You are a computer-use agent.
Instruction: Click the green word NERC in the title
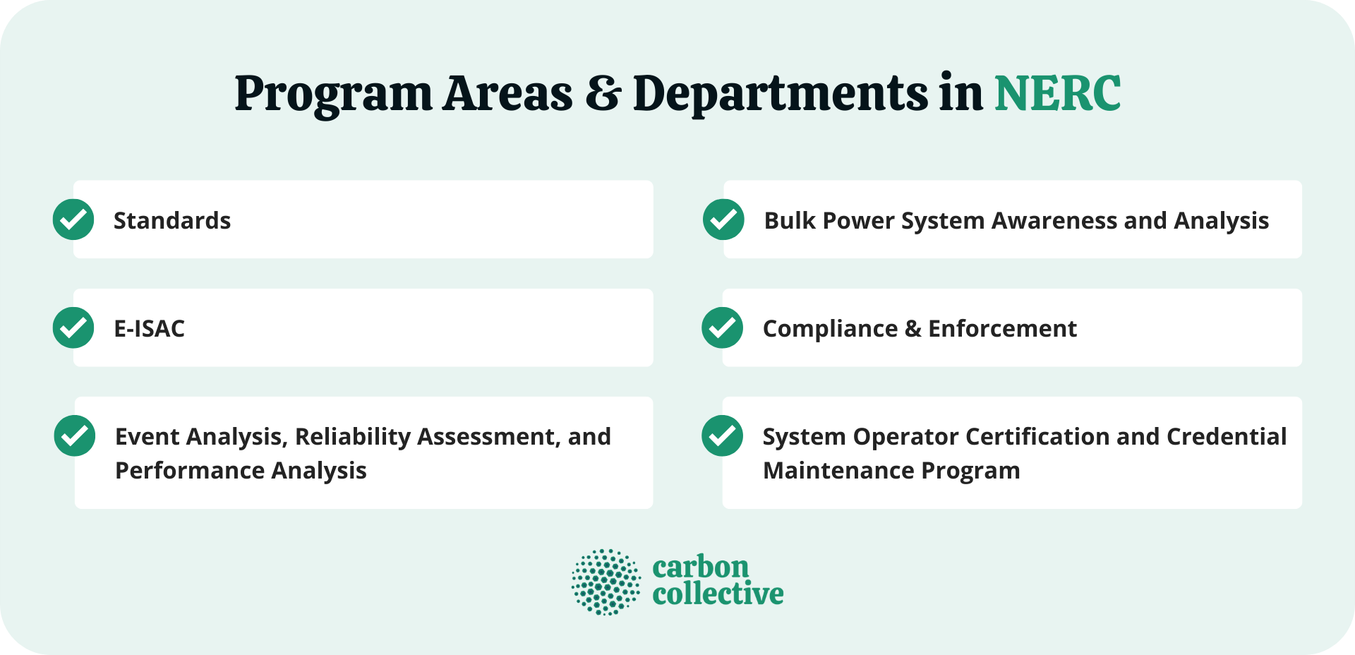coord(1057,93)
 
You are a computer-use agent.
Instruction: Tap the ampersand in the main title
coord(603,94)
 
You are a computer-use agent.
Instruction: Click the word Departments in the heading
coord(780,94)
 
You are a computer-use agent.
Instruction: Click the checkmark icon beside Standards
coord(73,220)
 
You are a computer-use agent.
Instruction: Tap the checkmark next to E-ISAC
coord(73,327)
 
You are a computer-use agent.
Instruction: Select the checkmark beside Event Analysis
coord(75,435)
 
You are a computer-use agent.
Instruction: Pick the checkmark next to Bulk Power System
coord(723,220)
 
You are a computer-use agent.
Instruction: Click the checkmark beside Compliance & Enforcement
coord(722,327)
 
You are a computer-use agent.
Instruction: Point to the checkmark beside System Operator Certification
coord(722,435)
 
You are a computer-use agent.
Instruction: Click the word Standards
coord(172,221)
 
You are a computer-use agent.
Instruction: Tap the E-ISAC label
coord(149,329)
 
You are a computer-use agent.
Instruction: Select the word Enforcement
coord(1002,329)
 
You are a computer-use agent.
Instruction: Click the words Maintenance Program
coord(891,471)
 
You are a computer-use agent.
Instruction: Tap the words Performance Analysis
coord(241,471)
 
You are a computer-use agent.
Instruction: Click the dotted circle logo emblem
coord(606,582)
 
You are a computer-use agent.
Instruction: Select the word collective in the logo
coord(718,594)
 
